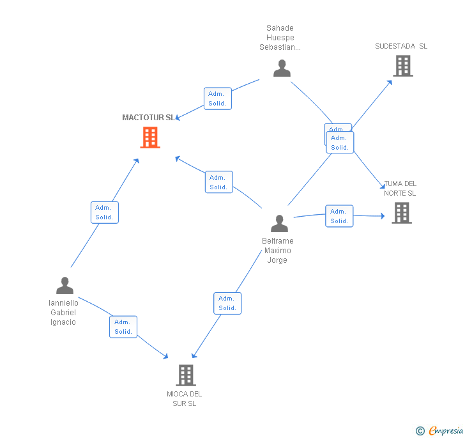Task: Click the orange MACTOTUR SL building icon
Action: [150, 137]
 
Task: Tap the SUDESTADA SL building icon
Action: [403, 65]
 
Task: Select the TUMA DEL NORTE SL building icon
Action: [401, 213]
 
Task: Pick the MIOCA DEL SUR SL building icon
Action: [186, 375]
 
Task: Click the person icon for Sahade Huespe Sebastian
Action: [282, 68]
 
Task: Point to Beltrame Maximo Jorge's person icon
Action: [279, 224]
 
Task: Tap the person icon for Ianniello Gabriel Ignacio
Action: [65, 286]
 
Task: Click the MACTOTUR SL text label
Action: [148, 118]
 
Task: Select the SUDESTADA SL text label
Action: [401, 46]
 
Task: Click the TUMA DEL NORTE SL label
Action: [400, 189]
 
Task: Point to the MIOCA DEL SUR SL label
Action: [184, 399]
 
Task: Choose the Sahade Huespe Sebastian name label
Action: [280, 38]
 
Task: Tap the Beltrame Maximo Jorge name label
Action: [278, 251]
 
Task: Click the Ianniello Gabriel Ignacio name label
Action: [63, 313]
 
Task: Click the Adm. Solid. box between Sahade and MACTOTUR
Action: [218, 98]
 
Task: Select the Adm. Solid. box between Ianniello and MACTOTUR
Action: [104, 212]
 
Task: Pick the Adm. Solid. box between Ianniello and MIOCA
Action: [123, 327]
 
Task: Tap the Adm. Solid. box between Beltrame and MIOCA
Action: [227, 303]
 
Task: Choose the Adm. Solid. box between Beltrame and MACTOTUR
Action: [218, 182]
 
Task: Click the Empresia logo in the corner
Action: [439, 431]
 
